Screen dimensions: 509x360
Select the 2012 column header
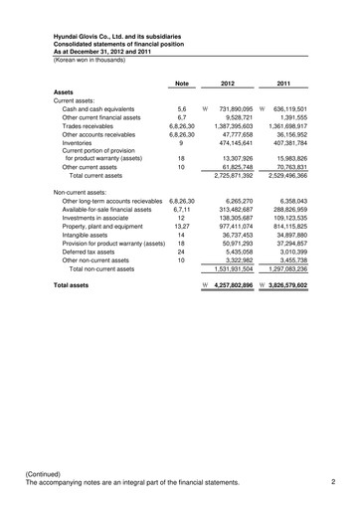click(228, 83)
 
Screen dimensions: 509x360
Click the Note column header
click(182, 83)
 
